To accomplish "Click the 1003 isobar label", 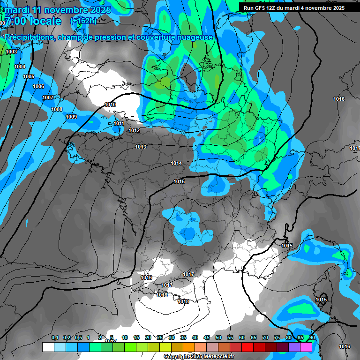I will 11,52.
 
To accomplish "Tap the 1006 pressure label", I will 38,86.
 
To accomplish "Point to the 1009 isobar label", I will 71,117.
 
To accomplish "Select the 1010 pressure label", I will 111,105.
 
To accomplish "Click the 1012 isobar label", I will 134,130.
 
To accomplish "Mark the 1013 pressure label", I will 141,147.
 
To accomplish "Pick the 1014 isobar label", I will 176,163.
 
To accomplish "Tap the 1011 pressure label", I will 119,124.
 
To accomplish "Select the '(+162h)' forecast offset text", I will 83,21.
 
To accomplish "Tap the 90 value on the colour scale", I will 312,337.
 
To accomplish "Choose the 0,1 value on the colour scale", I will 55,337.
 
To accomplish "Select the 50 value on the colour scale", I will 218,337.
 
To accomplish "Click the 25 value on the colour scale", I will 160,337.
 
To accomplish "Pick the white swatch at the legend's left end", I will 48,347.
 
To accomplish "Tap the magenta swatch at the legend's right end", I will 306,347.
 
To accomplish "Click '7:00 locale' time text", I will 33,22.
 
